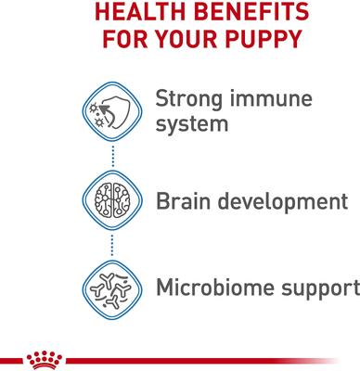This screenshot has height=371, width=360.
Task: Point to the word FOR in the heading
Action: coord(120,43)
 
